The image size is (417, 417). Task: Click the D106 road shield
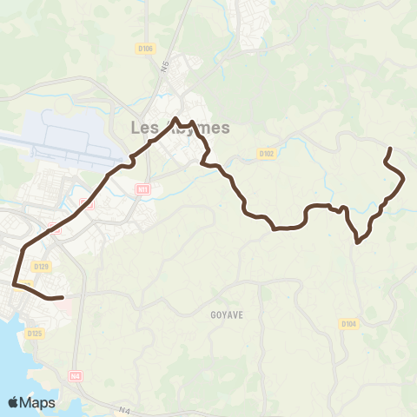coord(144,48)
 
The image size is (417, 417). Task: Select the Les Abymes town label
coord(180,128)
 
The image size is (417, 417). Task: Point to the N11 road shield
coord(143,189)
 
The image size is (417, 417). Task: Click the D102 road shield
coord(267,154)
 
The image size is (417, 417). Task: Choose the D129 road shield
coord(41,267)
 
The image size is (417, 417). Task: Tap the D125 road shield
coord(35,333)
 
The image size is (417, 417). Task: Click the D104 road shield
coord(348,324)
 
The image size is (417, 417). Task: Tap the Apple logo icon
coord(14,401)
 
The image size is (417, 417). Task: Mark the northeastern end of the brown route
coord(389,149)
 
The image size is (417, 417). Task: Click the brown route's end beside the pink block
coord(63,298)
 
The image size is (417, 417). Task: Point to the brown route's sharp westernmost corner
coord(14,283)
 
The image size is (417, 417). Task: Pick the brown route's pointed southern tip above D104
coord(358,242)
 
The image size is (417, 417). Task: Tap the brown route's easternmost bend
coord(405,178)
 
